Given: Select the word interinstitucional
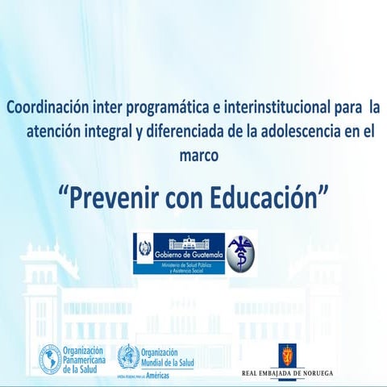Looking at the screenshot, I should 257,106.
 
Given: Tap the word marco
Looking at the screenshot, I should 198,152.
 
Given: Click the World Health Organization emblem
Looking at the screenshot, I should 127,356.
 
